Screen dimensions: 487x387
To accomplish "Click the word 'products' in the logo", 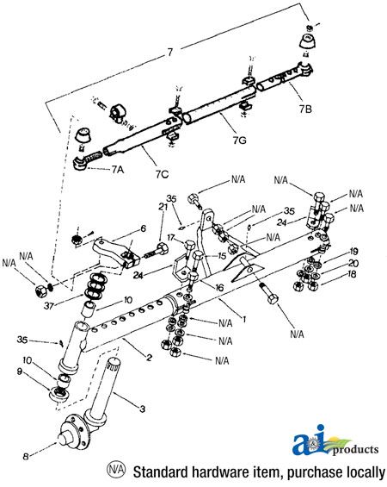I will tap(353, 449).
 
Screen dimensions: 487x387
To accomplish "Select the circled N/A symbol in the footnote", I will tap(115, 471).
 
